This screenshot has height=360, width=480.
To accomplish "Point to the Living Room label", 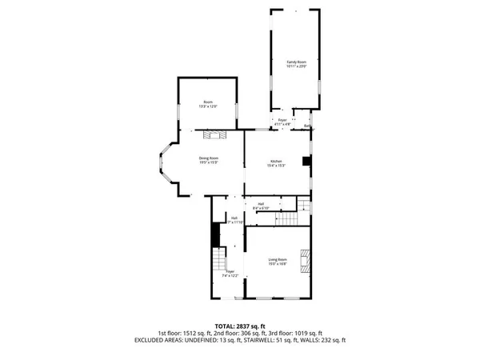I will click(278, 262).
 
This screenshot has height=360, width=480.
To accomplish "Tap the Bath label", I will click(308, 126).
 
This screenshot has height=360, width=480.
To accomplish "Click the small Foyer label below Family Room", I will click(282, 122).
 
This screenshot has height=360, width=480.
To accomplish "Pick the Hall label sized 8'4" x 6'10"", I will click(261, 206).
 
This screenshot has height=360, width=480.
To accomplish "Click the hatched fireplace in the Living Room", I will click(304, 261).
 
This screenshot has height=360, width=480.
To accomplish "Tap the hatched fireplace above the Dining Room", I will click(214, 135).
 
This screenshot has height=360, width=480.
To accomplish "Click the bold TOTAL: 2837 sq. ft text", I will click(240, 326).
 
